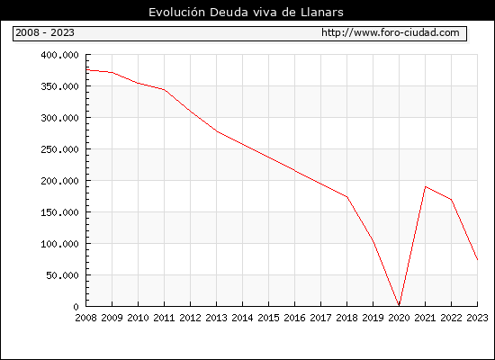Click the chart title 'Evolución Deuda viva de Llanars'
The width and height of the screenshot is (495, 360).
tap(246, 13)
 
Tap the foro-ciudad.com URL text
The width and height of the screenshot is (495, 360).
tap(391, 32)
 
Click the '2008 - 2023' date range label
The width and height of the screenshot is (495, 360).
tap(45, 32)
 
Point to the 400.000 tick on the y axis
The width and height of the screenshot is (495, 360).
tap(59, 55)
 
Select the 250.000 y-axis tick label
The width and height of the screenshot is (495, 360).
tap(59, 149)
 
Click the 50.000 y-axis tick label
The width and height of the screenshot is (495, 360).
tap(62, 275)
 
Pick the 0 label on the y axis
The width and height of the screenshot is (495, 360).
tap(76, 307)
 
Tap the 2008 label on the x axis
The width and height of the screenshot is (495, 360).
tap(85, 318)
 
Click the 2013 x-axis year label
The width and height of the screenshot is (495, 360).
tap(216, 318)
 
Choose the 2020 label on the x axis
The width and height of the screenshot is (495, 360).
tap(399, 318)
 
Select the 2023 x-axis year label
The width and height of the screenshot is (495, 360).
tap(477, 318)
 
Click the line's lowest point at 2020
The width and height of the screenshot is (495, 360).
tap(399, 305)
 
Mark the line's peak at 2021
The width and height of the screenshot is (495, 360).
tap(425, 186)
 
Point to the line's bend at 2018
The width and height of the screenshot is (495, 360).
tap(346, 197)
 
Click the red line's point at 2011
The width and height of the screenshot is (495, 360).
tap(164, 90)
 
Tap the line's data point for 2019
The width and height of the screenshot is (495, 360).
tap(373, 240)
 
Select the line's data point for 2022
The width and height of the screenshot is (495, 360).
tap(451, 199)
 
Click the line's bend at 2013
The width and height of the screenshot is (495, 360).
tap(216, 131)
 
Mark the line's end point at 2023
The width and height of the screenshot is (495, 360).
tap(477, 259)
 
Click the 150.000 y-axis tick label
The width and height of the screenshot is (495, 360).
tap(59, 212)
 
